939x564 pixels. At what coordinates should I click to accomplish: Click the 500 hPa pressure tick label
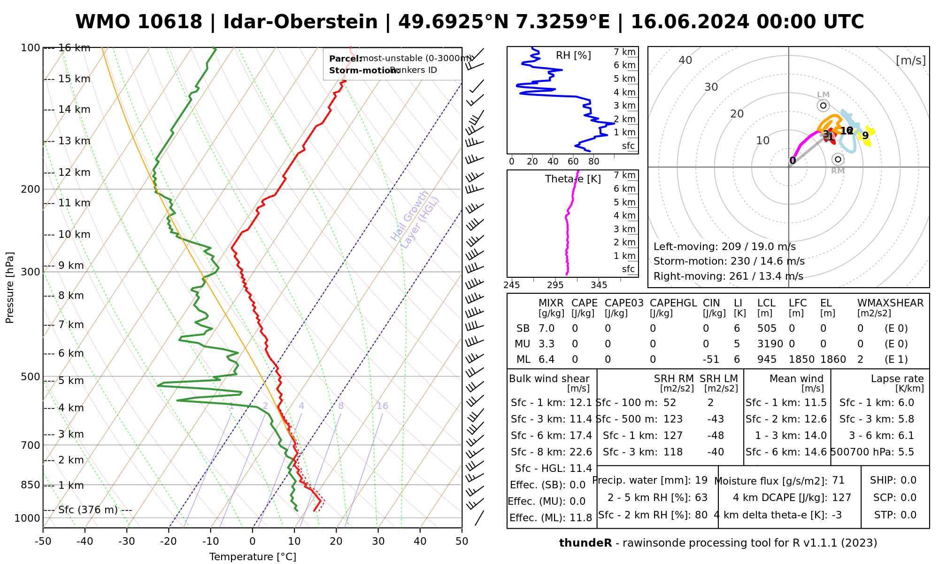pyautogui.click(x=31, y=377)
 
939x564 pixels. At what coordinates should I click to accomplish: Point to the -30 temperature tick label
pyautogui.click(x=126, y=541)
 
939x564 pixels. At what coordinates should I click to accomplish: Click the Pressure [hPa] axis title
pyautogui.click(x=10, y=288)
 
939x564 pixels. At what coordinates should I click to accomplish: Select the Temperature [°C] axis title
pyautogui.click(x=253, y=557)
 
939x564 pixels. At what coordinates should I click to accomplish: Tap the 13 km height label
pyautogui.click(x=74, y=141)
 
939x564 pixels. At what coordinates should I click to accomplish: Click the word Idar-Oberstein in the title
pyautogui.click(x=300, y=22)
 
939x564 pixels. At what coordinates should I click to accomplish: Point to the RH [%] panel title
pyautogui.click(x=573, y=55)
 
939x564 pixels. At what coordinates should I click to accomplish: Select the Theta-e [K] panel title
pyautogui.click(x=573, y=179)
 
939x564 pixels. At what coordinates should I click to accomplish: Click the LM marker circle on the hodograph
pyautogui.click(x=823, y=105)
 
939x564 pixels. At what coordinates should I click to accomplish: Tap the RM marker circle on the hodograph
pyautogui.click(x=838, y=159)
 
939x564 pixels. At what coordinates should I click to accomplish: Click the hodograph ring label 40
pyautogui.click(x=685, y=60)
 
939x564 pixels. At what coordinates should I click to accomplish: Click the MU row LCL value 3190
pyautogui.click(x=770, y=344)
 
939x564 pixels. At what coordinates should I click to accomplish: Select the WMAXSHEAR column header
pyautogui.click(x=890, y=303)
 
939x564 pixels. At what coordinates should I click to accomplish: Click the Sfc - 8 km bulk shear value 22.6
pyautogui.click(x=580, y=452)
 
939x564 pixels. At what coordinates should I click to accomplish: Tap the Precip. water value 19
pyautogui.click(x=701, y=480)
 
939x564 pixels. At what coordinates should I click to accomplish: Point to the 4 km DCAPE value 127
pyautogui.click(x=841, y=498)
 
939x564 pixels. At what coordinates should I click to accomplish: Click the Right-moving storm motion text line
pyautogui.click(x=728, y=276)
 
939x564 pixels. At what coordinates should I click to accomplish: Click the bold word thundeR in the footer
pyautogui.click(x=585, y=543)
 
